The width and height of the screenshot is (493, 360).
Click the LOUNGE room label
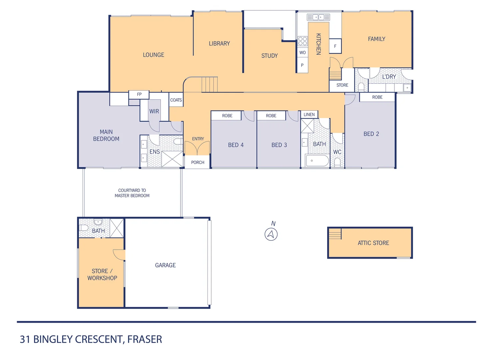[x=154, y=55]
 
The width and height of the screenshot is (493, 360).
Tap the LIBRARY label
[x=219, y=44]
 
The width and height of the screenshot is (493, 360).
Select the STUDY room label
[x=269, y=56]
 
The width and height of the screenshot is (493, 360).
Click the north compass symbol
[x=271, y=234]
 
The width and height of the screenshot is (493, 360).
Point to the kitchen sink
[x=318, y=17]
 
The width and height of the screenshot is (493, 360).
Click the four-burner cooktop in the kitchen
[x=302, y=41]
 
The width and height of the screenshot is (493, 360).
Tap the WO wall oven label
[x=302, y=53]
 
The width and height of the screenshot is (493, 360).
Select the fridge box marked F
[x=335, y=46]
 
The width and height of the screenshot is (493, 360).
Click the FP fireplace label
[x=139, y=95]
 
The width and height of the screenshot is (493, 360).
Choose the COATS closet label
[x=176, y=100]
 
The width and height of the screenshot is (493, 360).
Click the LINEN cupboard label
[x=309, y=115]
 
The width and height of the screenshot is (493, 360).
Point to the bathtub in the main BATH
[x=317, y=161]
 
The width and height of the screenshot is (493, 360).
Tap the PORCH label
[x=198, y=163]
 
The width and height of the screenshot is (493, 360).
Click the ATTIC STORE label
[x=373, y=243]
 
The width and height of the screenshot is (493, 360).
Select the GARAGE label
[x=165, y=265]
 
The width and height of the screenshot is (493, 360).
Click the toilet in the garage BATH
[x=84, y=228]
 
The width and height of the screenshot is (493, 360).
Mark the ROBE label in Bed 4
[x=227, y=116]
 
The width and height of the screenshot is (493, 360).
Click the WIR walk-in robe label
[x=154, y=111]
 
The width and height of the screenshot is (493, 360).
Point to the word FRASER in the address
[x=145, y=339]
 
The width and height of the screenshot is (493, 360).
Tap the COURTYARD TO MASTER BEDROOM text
[x=132, y=193]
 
